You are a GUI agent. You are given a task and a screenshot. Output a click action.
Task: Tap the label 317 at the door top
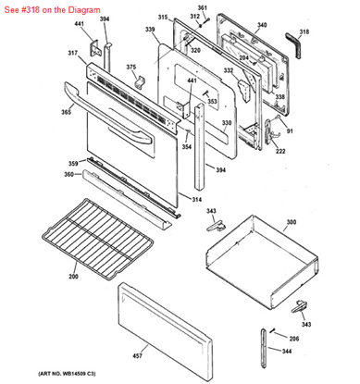(71, 53)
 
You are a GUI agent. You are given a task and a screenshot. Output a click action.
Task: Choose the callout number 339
(150, 31)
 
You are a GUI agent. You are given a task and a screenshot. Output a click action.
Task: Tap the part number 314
(196, 200)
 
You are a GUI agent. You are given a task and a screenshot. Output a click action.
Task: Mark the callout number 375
(131, 68)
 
